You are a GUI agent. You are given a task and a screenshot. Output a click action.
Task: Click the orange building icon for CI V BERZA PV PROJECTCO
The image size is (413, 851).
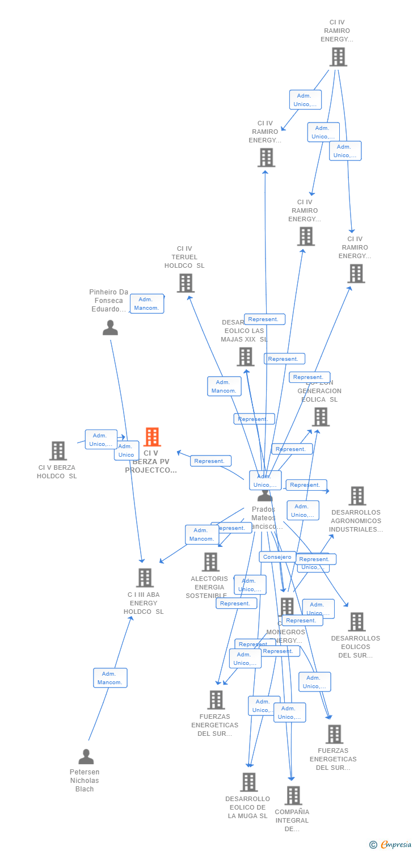coord(152,437)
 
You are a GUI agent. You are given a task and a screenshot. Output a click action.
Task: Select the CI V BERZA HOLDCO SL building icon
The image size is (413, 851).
coord(58,451)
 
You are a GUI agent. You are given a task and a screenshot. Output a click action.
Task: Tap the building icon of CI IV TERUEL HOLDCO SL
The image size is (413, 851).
coord(186,283)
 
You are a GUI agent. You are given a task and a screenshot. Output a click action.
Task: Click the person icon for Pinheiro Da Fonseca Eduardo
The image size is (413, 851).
coord(110,328)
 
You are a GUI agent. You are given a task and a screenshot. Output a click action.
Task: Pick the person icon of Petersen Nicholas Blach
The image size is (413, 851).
coord(86,757)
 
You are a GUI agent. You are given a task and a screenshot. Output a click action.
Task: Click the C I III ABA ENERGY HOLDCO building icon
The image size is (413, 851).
coord(145,578)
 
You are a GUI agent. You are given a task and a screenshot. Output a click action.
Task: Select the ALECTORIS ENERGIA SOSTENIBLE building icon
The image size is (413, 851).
coord(210,562)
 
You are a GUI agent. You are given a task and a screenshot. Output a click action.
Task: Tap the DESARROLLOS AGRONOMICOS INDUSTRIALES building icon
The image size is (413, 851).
coord(357,496)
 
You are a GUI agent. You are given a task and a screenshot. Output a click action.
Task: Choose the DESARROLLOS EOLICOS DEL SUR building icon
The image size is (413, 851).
coord(356,622)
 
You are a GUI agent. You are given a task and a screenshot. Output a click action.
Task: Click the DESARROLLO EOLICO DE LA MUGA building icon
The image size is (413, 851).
coord(248,782)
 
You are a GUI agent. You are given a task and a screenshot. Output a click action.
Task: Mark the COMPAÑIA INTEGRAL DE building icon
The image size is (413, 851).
coord(293,795)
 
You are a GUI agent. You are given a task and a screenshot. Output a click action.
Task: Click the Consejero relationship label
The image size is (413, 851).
coord(277,557)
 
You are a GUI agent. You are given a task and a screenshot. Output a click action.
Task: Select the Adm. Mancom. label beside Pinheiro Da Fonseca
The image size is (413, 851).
coord(146,304)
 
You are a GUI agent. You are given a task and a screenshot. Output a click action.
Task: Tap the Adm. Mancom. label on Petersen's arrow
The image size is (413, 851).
coord(110,677)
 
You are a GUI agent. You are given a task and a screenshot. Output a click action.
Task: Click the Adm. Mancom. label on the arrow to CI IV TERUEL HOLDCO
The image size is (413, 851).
coord(224,386)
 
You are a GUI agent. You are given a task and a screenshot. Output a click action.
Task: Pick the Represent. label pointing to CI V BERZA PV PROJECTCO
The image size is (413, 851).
coord(210,461)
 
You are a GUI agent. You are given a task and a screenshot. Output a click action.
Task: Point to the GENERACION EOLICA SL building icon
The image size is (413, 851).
coord(321,417)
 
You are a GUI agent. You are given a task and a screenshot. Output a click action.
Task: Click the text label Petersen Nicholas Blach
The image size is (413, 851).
coord(85,781)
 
